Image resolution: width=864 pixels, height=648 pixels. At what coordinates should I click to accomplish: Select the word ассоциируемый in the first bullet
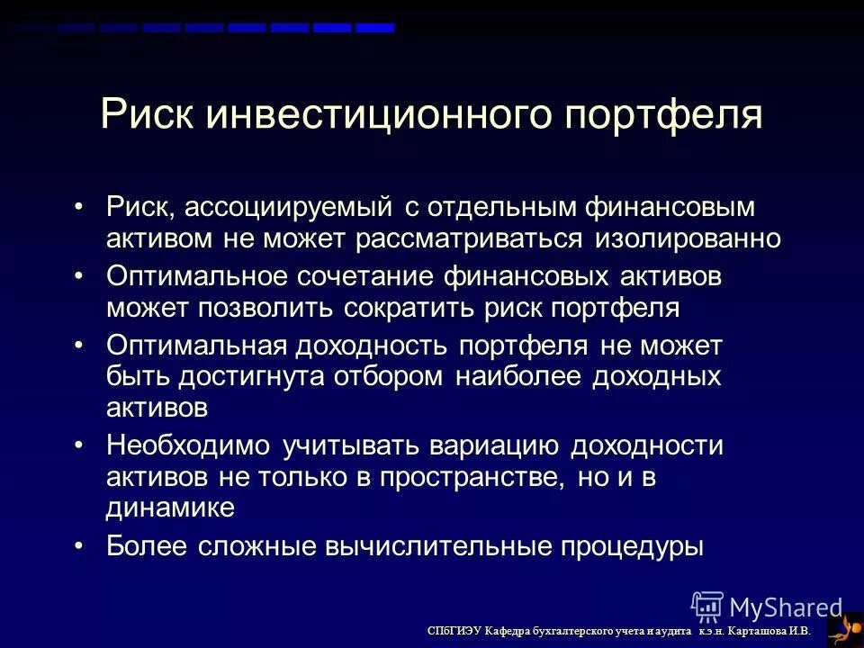point(290,208)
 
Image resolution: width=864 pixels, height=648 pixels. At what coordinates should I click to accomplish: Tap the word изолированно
point(688,238)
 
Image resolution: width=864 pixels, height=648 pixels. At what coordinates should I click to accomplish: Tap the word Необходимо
point(187,445)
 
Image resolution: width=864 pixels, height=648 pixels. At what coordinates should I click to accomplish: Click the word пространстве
point(453,477)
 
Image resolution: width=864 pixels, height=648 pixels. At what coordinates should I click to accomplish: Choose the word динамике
point(170,508)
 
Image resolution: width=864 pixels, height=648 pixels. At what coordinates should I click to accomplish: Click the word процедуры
point(629,545)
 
